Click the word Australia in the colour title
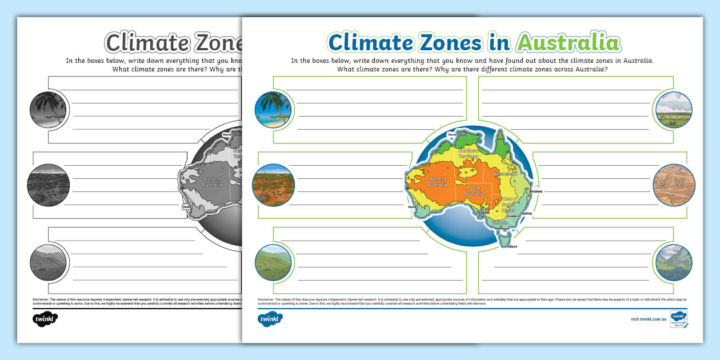[x=568, y=43]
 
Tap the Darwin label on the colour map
[x=454, y=134]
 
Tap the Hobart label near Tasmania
[x=511, y=246]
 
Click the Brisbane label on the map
[x=535, y=191]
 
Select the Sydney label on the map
[x=526, y=213]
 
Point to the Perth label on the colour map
[x=410, y=206]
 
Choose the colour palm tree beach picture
[x=273, y=110]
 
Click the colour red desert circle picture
[x=273, y=185]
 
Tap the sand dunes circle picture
[x=674, y=185]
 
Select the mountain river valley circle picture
[x=674, y=262]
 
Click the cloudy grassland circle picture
[x=674, y=110]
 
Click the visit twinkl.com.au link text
[x=649, y=318]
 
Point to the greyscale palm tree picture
[x=48, y=110]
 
